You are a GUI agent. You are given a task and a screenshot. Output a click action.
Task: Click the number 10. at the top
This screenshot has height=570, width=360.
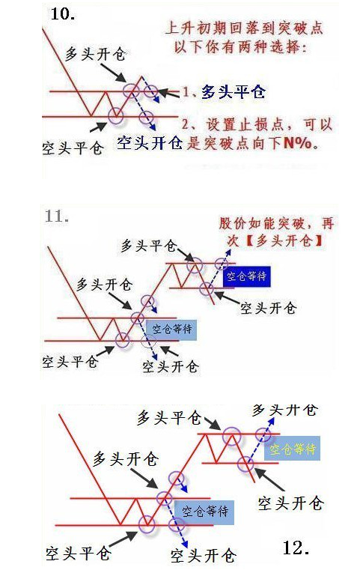pyautogui.click(x=63, y=14)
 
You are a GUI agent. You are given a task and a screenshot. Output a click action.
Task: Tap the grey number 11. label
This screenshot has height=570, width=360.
pyautogui.click(x=57, y=216)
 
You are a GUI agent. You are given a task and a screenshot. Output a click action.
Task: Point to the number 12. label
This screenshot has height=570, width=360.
pyautogui.click(x=296, y=548)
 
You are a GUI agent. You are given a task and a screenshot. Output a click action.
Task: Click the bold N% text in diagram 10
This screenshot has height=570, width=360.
pyautogui.click(x=298, y=143)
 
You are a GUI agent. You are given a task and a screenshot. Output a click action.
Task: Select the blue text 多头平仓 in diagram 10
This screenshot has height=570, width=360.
pyautogui.click(x=234, y=92)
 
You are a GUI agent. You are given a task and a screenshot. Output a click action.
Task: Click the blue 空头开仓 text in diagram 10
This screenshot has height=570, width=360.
pyautogui.click(x=150, y=142)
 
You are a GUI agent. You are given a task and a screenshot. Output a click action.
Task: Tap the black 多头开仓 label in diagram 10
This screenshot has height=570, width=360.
pyautogui.click(x=95, y=54)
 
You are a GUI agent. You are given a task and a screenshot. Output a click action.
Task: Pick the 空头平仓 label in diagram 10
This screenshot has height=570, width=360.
pyautogui.click(x=73, y=148)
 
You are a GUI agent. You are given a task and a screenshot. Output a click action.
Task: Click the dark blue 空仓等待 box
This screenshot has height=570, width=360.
pyautogui.click(x=247, y=276)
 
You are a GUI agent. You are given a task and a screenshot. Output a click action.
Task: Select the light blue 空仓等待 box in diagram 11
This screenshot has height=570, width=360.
pyautogui.click(x=171, y=330)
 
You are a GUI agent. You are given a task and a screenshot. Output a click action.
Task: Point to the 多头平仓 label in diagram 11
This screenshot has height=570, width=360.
pyautogui.click(x=149, y=246)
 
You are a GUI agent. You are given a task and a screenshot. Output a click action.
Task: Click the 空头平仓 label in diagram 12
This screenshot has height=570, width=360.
pyautogui.click(x=78, y=554)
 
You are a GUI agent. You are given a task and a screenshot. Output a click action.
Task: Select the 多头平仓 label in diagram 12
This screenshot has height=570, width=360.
pyautogui.click(x=169, y=418)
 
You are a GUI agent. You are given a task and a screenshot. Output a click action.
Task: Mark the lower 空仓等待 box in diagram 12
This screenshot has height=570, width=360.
pyautogui.click(x=205, y=512)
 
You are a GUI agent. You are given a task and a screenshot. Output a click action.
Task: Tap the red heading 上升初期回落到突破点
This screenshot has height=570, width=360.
pyautogui.click(x=244, y=28)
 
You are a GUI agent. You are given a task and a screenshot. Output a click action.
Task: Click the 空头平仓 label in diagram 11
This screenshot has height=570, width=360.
pyautogui.click(x=70, y=361)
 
